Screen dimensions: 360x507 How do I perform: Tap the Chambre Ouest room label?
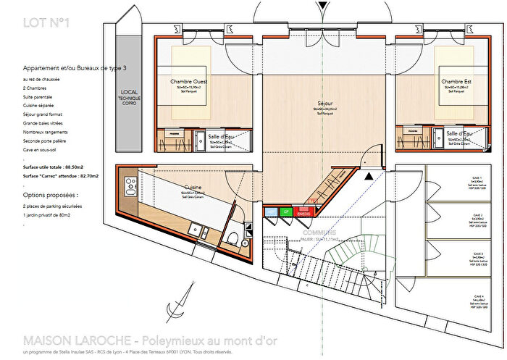point(188,82)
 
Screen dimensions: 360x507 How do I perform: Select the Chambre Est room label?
point(457,82)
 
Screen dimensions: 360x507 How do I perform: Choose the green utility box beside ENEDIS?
point(286,212)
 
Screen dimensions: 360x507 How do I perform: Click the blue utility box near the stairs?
point(270,212)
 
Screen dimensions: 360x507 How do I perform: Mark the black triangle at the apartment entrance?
point(370,175)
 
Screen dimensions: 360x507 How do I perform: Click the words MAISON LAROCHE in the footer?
point(67,340)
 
